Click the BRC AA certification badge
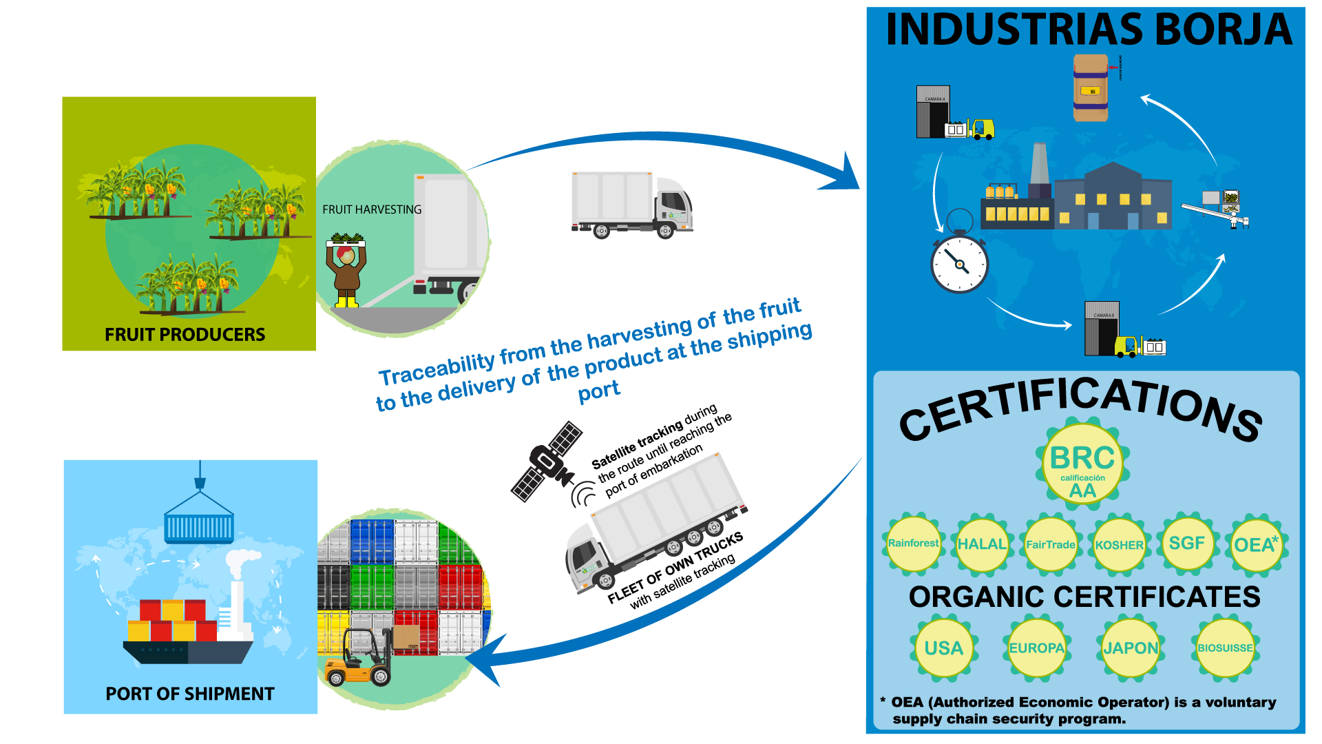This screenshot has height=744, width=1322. (x=1082, y=466)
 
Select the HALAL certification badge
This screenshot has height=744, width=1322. (x=982, y=545)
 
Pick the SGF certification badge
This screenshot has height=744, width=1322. (x=1187, y=544)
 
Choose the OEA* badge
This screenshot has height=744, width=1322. (x=1256, y=545)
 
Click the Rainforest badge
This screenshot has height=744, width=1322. (x=913, y=544)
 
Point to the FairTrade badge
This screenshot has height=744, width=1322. (x=1051, y=545)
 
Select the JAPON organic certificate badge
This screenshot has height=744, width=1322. (x=1131, y=648)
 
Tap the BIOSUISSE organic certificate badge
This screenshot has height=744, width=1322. (x=1225, y=648)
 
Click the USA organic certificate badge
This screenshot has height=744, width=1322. (x=943, y=648)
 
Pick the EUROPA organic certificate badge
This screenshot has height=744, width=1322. (x=1036, y=648)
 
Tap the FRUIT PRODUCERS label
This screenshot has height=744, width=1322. (x=185, y=335)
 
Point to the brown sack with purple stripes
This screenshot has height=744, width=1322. (x=1091, y=88)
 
